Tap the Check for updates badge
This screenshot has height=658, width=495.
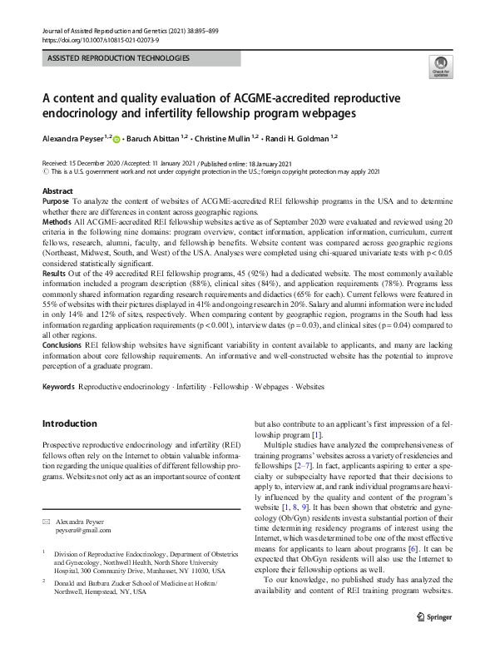(438, 66)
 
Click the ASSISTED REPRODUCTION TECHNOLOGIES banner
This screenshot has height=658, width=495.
(119, 58)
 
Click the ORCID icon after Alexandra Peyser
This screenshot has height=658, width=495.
(116, 141)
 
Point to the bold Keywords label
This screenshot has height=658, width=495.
(58, 388)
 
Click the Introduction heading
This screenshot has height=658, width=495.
(70, 423)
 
